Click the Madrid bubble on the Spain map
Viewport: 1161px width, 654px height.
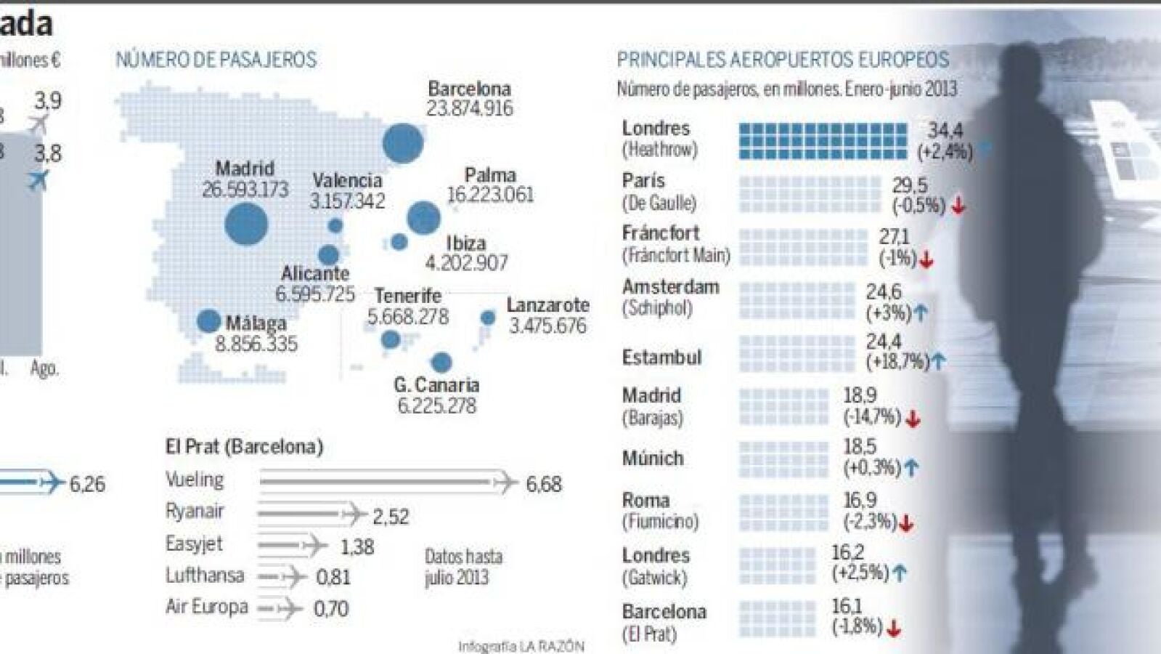[246, 223]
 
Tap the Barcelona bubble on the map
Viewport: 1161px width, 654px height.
[402, 143]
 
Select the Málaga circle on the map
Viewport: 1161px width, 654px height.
[208, 321]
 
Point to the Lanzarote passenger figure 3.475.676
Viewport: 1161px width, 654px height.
[547, 326]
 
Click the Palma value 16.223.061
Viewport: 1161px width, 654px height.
[490, 195]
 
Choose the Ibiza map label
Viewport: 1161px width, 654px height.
[465, 243]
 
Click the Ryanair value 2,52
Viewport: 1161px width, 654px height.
[391, 517]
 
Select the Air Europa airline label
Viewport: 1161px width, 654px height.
[207, 607]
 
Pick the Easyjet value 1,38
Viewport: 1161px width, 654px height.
[357, 546]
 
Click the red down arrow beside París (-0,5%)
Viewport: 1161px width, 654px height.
[958, 206]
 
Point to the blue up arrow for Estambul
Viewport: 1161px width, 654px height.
[938, 361]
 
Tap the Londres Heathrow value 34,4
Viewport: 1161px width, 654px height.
[945, 131]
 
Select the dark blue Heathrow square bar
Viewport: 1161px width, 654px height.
[823, 141]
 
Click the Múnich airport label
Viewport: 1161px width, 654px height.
[653, 459]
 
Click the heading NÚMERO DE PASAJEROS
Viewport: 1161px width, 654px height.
[216, 60]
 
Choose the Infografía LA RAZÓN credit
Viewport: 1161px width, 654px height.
[521, 646]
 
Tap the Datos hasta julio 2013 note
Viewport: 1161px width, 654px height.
[463, 568]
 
